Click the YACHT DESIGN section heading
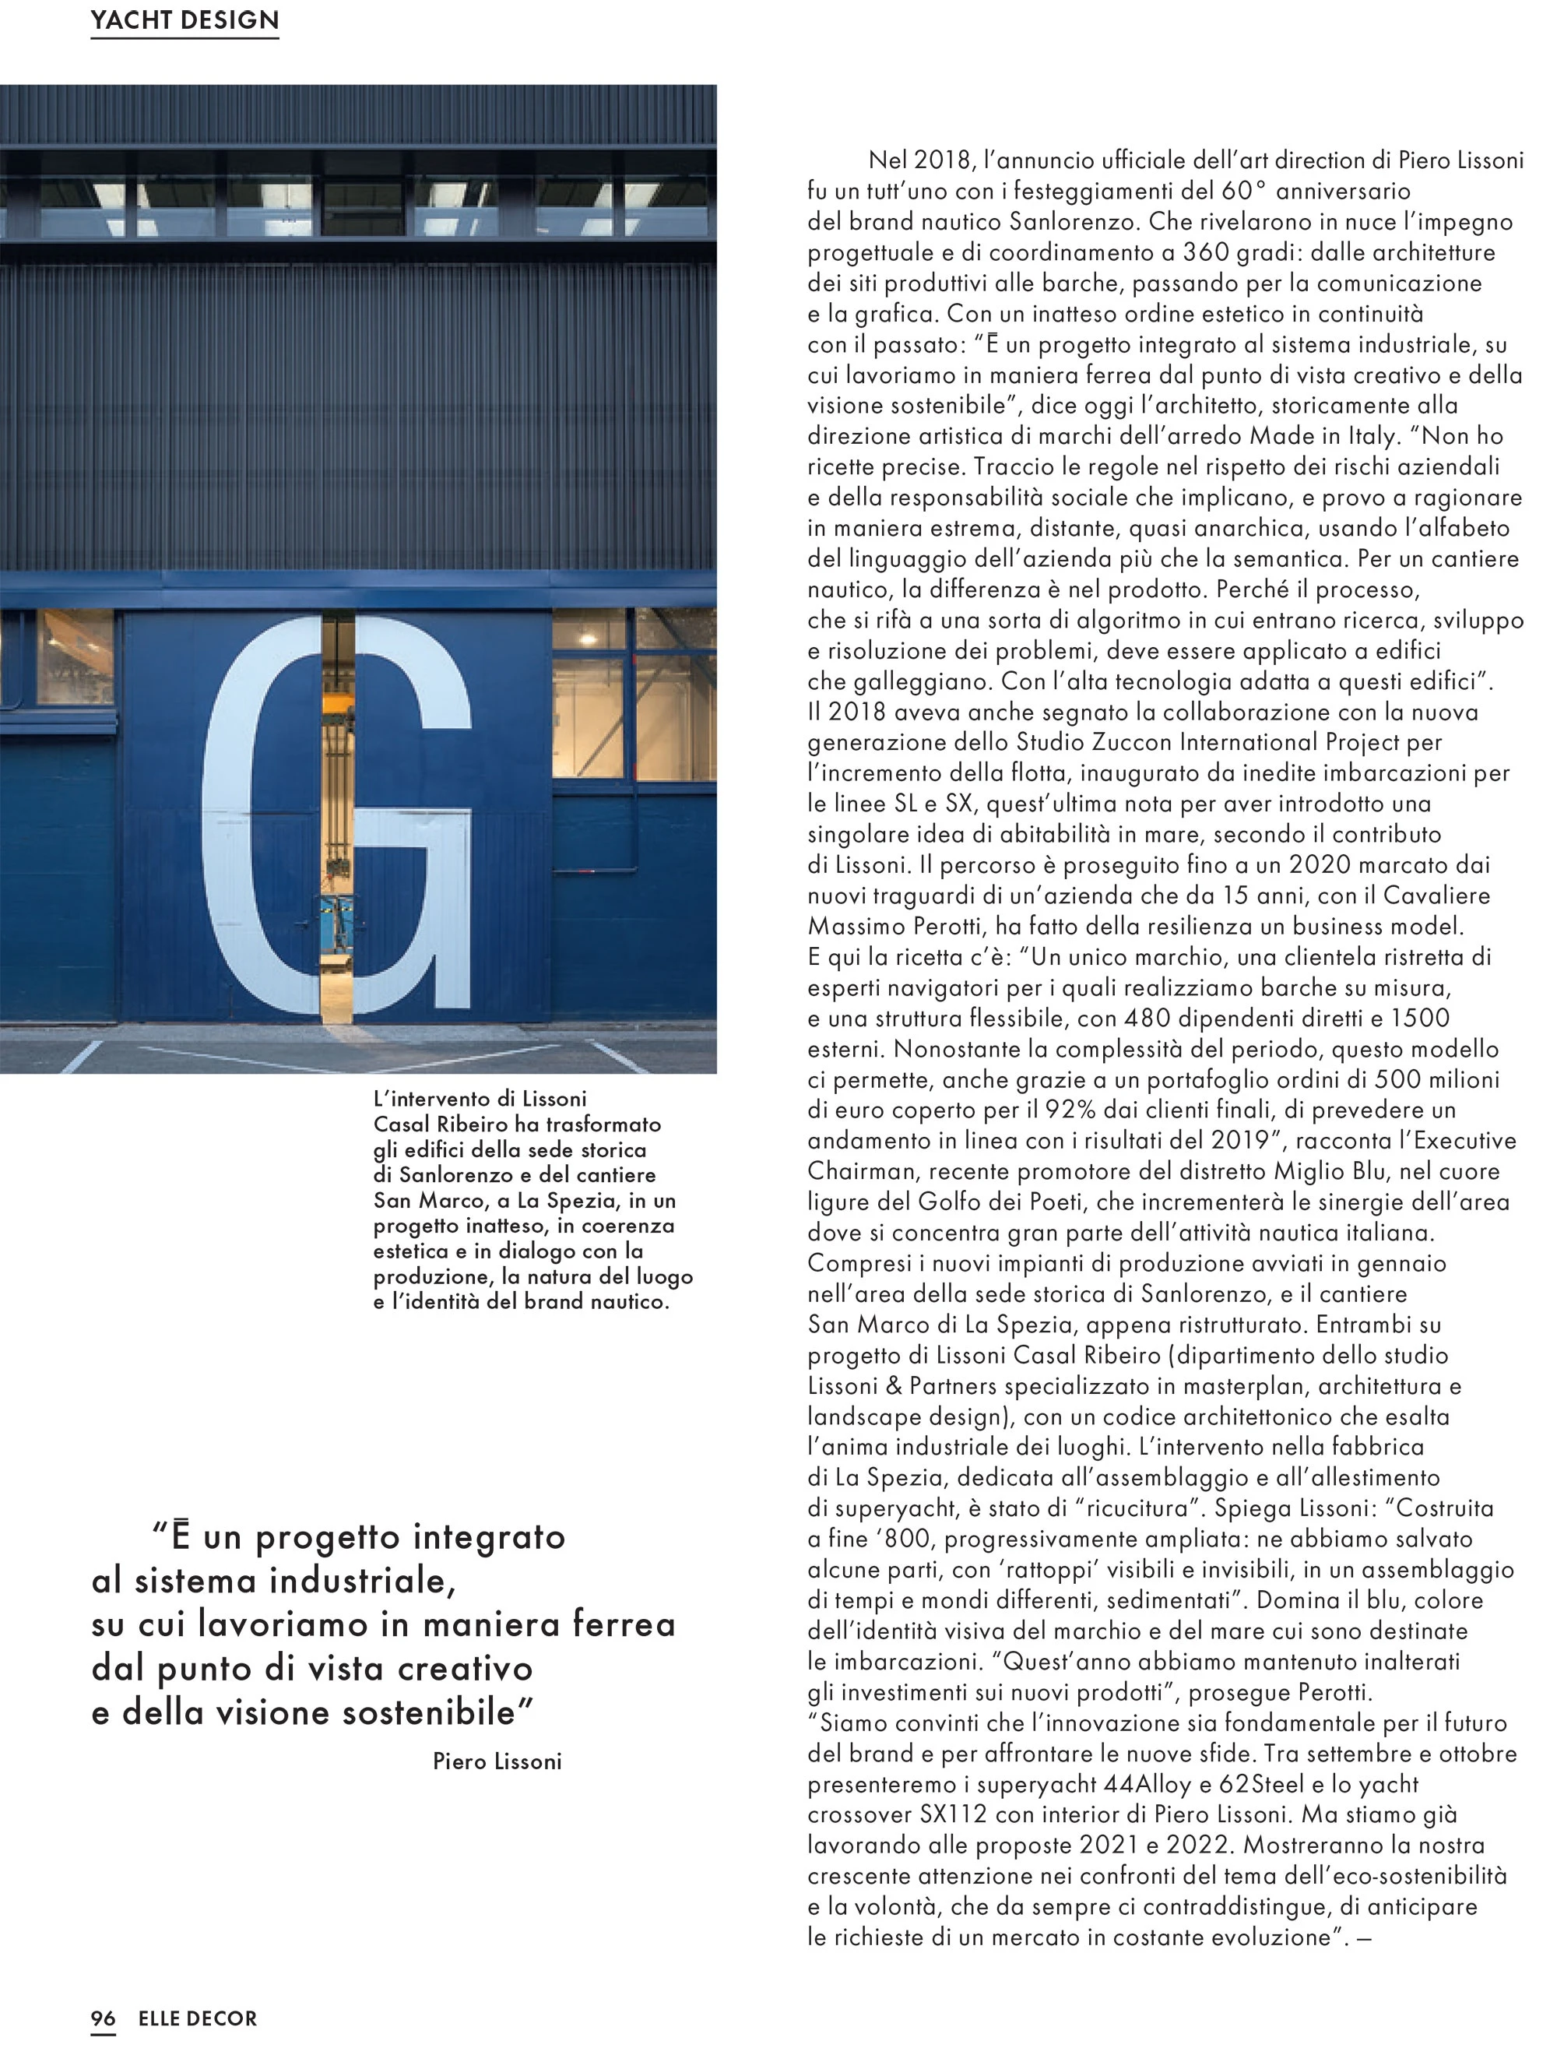pos(185,20)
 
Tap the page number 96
pos(103,2018)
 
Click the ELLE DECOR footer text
pos(198,2018)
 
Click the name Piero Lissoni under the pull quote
pos(497,1761)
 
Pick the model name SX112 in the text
pos(954,1814)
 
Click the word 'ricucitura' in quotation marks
pos(1138,1508)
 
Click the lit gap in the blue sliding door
pos(337,816)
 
